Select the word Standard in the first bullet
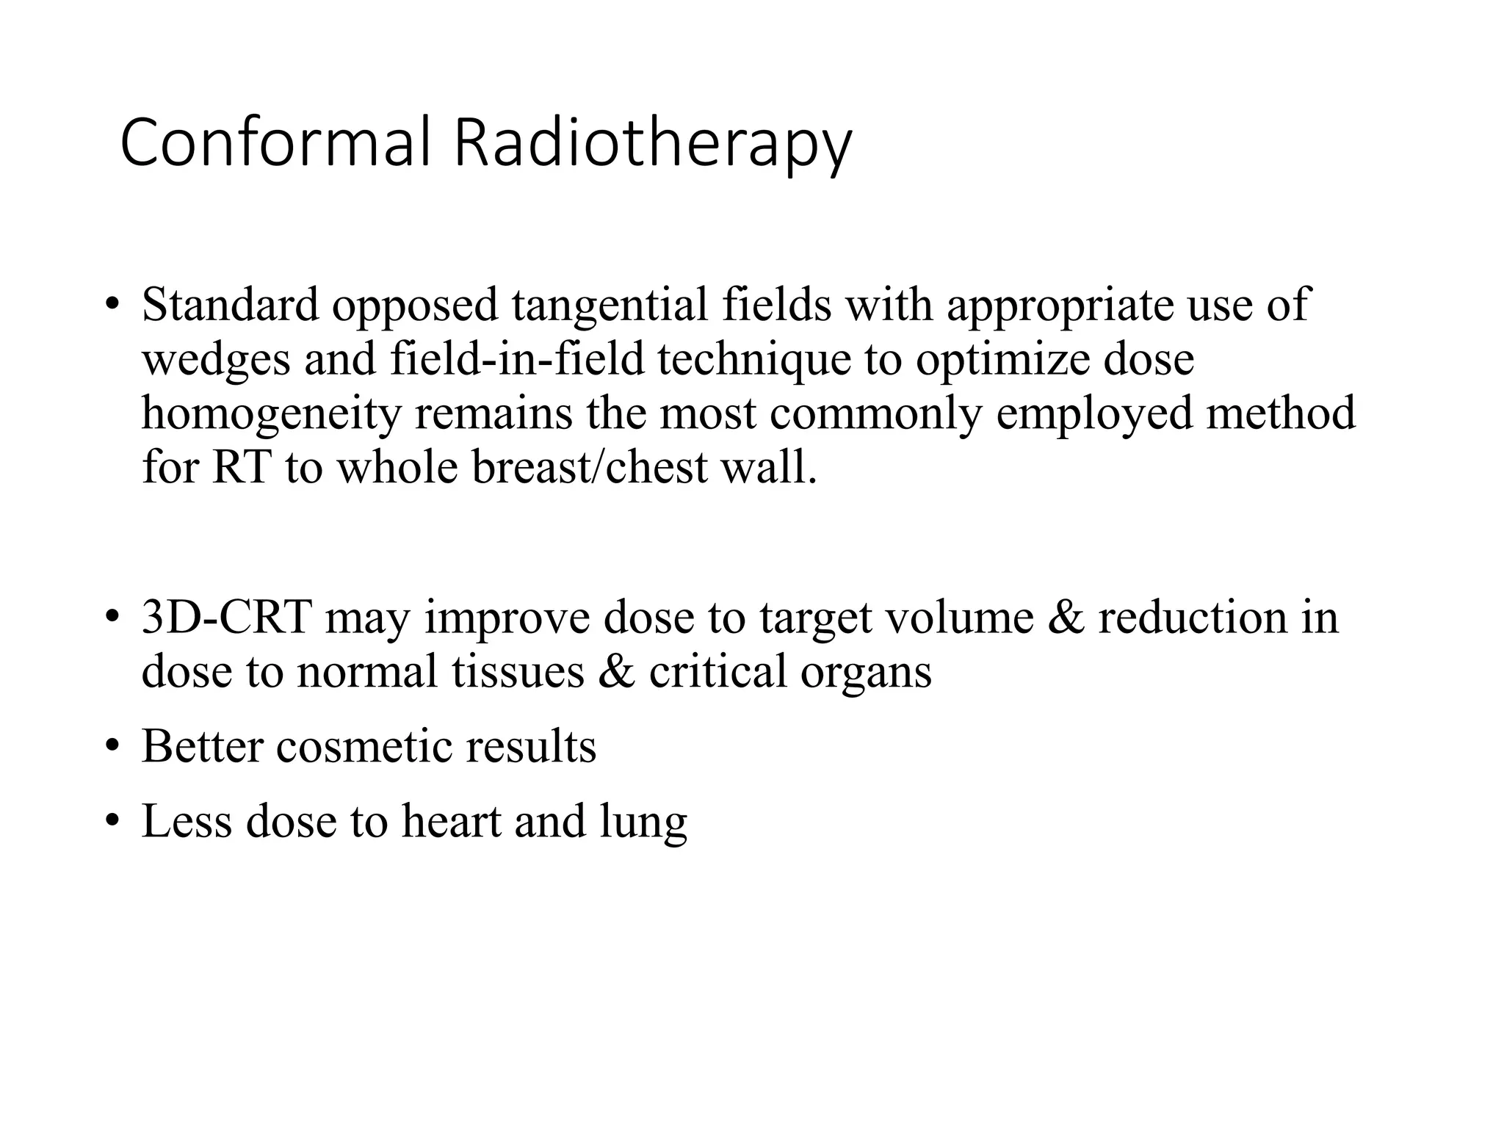[x=231, y=305]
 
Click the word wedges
[x=216, y=361]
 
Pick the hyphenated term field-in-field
[x=516, y=359]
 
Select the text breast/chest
[x=590, y=468]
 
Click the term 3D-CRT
[x=227, y=618]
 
